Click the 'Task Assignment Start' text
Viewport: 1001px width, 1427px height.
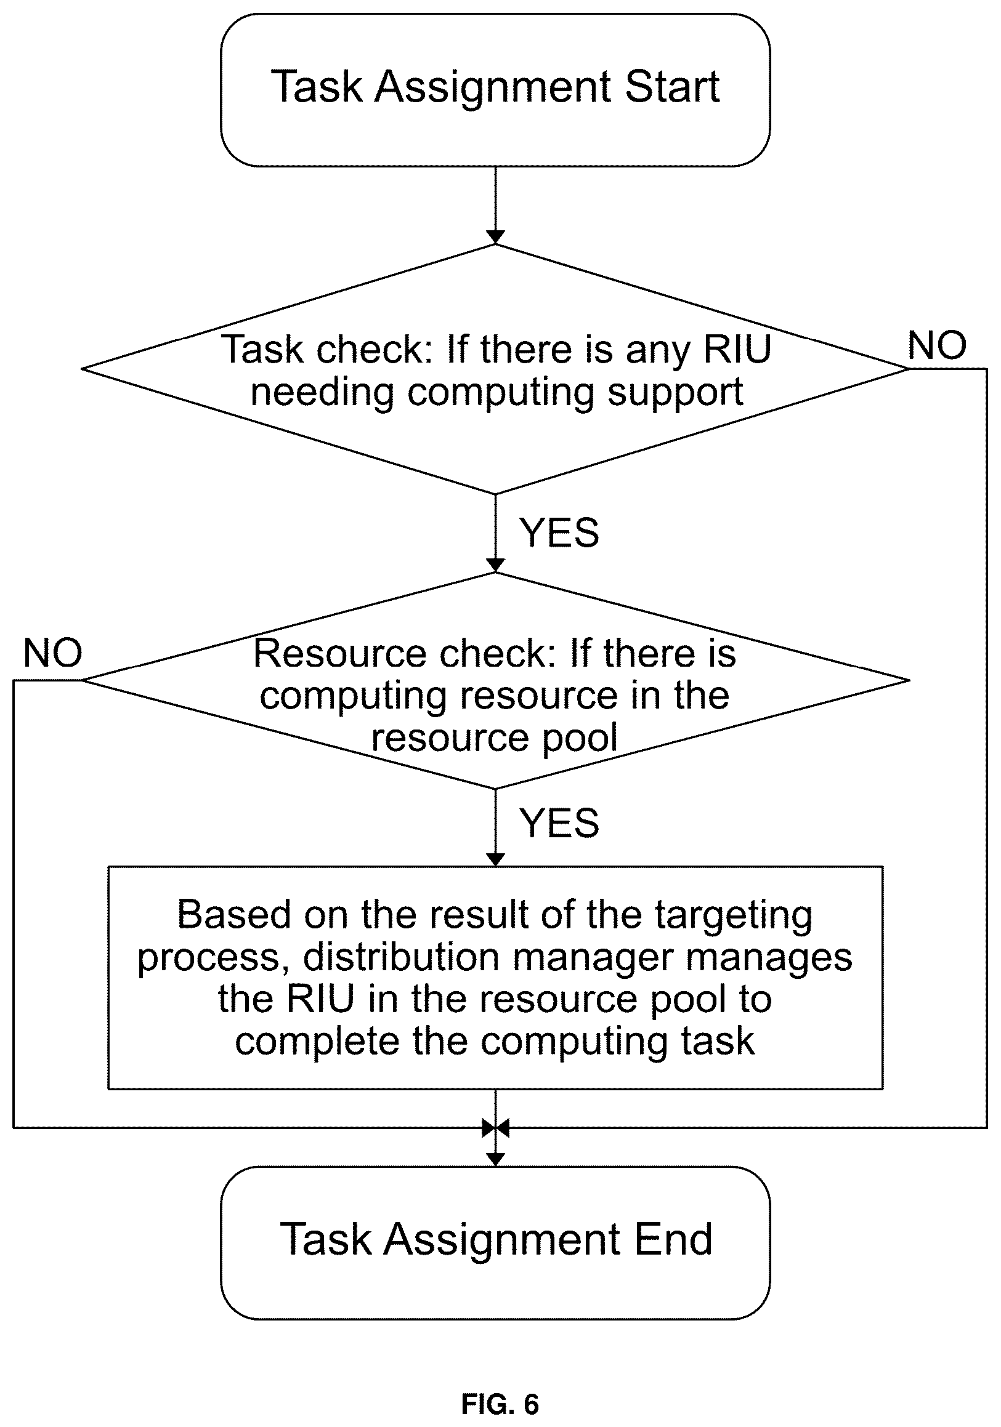(495, 87)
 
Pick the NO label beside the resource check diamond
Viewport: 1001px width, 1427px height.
(53, 653)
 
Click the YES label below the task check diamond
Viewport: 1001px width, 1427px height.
(559, 533)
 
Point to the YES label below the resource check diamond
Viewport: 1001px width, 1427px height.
(559, 823)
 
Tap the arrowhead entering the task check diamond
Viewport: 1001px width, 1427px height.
(495, 237)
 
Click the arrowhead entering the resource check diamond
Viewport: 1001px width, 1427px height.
(495, 565)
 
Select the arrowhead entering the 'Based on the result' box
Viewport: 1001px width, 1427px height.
(495, 859)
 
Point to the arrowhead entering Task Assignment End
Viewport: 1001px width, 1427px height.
(495, 1159)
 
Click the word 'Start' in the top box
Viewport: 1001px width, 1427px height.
(672, 86)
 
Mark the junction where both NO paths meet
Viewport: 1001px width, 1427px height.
(495, 1127)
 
